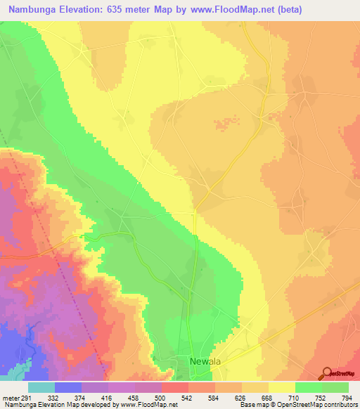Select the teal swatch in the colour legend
pyautogui.click(x=41, y=387)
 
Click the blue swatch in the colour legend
pyautogui.click(x=68, y=387)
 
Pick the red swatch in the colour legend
pyautogui.click(x=174, y=387)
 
